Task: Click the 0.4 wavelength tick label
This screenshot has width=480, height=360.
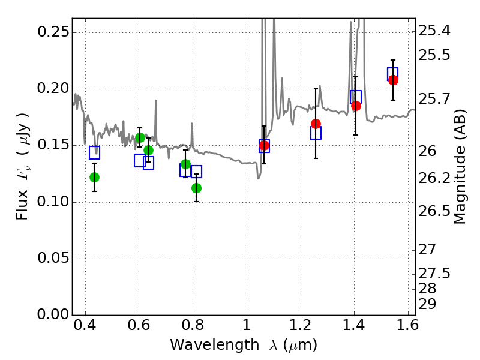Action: point(85,328)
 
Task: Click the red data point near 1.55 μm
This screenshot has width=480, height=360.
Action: point(393,80)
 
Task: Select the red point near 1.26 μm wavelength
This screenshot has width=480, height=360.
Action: point(316,124)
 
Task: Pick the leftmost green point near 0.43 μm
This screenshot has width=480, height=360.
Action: point(94,177)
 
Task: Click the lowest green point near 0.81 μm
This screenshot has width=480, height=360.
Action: point(196,188)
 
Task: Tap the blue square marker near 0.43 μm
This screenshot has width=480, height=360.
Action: point(94,152)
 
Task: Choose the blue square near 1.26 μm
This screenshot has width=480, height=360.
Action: point(316,133)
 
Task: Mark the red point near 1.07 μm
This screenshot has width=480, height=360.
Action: point(264,145)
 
